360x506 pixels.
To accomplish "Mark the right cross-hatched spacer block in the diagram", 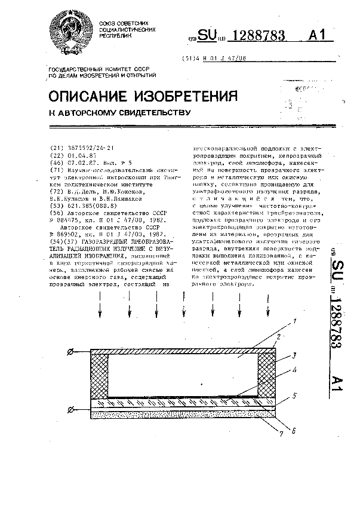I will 267,375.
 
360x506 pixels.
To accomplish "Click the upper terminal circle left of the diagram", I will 71,353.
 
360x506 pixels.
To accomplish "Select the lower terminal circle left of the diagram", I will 71,409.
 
